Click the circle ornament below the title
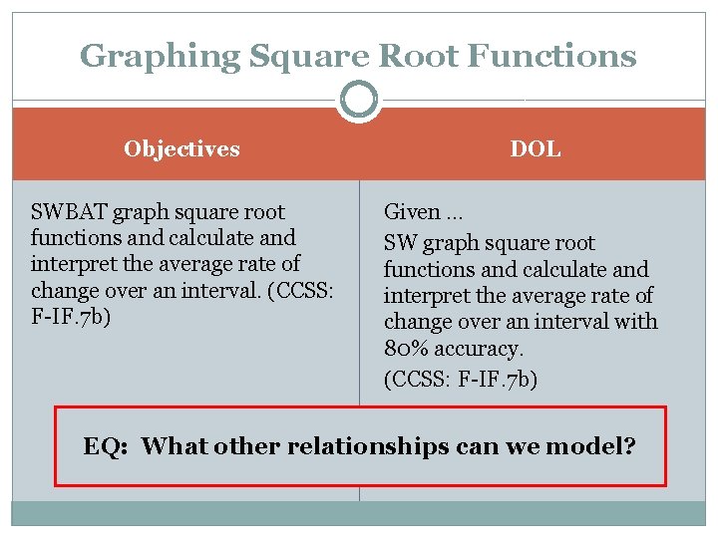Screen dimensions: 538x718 (359, 100)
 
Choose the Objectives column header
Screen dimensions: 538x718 (181, 149)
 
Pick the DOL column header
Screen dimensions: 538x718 (536, 149)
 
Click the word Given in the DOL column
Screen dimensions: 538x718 (412, 212)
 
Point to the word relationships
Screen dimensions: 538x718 (368, 445)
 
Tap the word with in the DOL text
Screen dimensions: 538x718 (637, 321)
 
